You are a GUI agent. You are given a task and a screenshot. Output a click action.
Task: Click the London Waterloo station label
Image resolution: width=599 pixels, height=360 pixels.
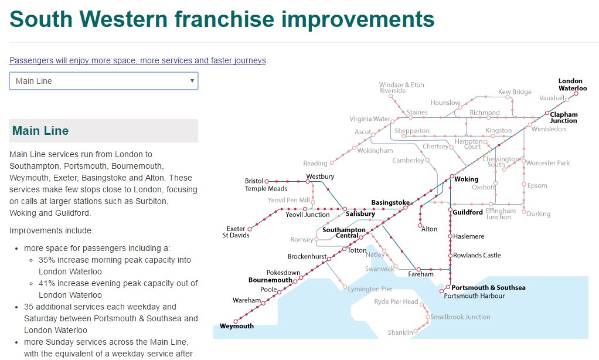(572, 84)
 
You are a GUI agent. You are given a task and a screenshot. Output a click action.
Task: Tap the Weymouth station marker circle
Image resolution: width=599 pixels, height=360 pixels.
(236, 321)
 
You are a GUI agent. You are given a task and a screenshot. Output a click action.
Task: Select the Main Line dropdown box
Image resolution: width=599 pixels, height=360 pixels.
(104, 81)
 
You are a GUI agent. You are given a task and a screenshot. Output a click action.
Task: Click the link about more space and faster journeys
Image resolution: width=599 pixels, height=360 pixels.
(138, 60)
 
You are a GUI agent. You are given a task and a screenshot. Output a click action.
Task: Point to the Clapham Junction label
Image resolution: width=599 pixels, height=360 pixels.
(563, 117)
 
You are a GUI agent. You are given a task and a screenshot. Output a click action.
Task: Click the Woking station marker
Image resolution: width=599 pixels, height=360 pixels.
(452, 176)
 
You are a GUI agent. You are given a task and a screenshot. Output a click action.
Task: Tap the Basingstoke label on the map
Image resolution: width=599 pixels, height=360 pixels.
(390, 203)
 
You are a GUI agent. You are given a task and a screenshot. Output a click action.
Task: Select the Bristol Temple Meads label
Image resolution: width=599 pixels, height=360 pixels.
(266, 185)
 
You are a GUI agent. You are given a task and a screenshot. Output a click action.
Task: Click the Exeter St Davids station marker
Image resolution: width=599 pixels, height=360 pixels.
(250, 229)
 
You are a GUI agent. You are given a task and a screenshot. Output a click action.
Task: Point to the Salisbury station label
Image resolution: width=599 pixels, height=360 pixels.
(360, 214)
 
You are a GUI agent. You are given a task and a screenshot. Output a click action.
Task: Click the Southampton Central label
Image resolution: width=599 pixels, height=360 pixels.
(344, 233)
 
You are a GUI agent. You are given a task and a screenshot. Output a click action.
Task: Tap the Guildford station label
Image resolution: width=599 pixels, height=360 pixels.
(468, 212)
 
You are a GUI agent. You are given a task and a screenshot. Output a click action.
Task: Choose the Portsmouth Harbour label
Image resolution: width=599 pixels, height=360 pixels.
(474, 296)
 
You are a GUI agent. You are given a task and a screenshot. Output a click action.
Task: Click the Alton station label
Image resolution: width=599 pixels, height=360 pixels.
(429, 229)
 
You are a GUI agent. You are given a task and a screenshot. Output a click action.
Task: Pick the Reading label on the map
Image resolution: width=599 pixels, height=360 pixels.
(315, 164)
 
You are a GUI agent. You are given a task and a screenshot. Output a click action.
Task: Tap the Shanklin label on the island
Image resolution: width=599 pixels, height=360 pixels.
(400, 332)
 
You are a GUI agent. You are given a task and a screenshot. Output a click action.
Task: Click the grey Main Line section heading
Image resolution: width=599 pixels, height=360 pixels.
(104, 131)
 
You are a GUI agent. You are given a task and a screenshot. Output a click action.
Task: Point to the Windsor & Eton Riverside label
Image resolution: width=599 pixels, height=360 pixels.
(401, 88)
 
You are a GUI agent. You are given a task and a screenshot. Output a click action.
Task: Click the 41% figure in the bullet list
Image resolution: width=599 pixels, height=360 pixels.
(47, 283)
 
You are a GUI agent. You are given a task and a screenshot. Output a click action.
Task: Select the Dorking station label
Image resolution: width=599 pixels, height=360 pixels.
(538, 214)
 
